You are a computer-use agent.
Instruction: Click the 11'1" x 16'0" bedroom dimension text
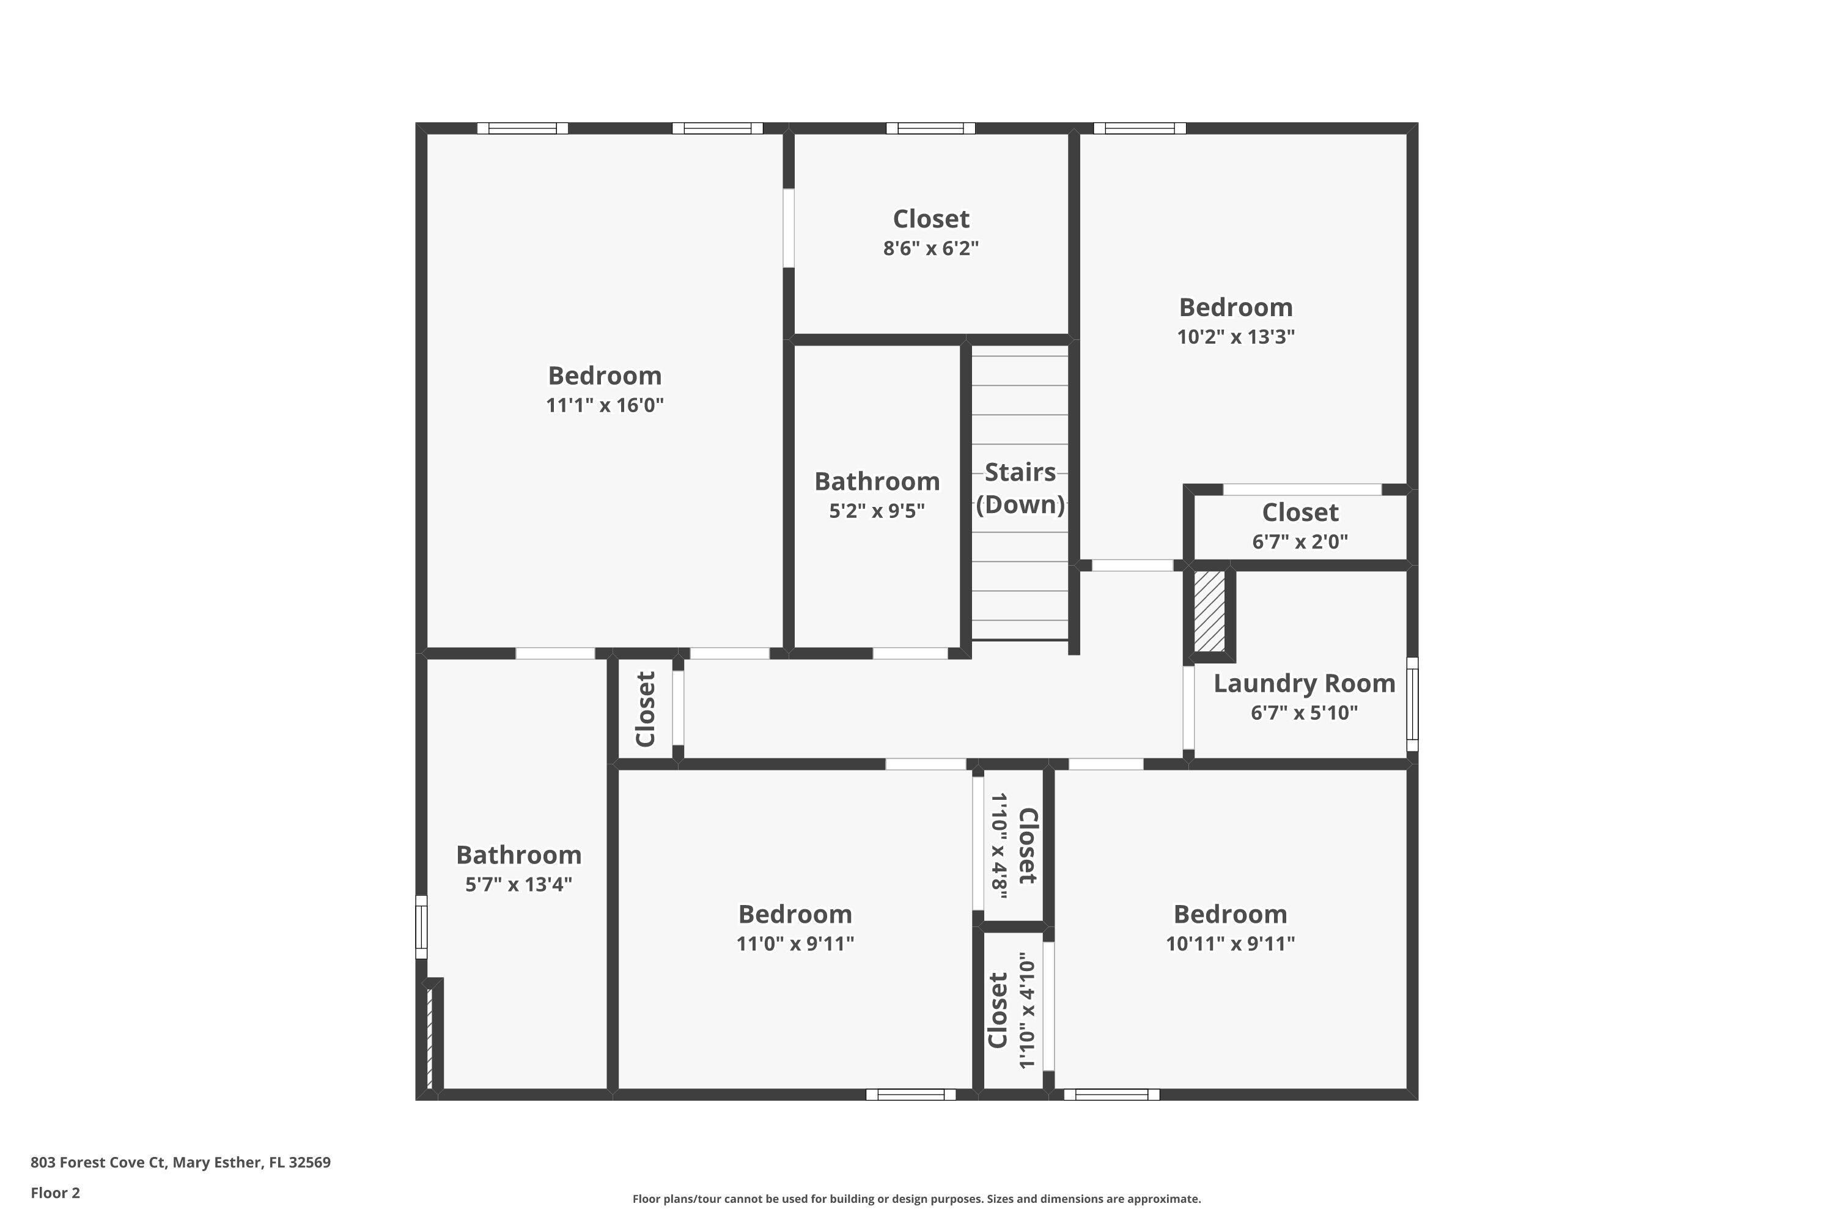coord(605,405)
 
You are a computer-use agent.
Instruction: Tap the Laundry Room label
coord(1304,683)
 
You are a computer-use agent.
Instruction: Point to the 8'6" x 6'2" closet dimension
coord(930,249)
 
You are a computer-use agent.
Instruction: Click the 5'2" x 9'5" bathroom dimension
coord(877,511)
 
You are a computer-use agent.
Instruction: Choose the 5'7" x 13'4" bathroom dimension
coord(518,884)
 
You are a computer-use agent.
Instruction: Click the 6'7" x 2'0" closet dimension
coord(1300,541)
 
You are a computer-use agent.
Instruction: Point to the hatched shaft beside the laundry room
coord(1209,612)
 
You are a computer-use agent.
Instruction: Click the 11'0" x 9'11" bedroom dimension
coord(795,944)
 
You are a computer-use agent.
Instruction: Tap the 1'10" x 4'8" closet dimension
coord(999,846)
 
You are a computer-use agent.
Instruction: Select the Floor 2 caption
coord(56,1192)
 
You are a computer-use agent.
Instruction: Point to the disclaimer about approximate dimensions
coord(916,1199)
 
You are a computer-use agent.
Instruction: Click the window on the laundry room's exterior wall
coord(1412,704)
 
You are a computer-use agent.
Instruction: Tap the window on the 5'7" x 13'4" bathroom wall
coord(421,926)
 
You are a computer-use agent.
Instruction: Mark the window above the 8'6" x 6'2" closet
coord(930,128)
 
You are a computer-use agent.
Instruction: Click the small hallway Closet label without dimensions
coord(646,709)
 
